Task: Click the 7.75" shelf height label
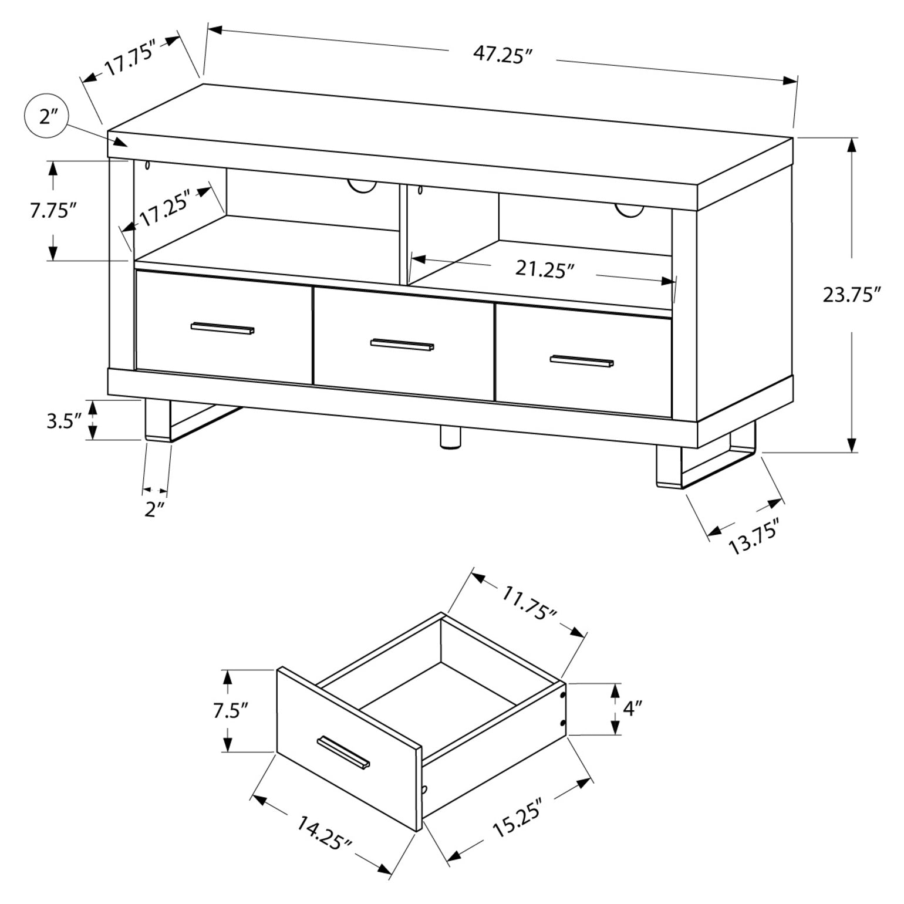pyautogui.click(x=53, y=210)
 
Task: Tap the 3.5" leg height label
pyautogui.click(x=63, y=421)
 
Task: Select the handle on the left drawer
pyautogui.click(x=222, y=329)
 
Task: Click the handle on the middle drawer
pyautogui.click(x=402, y=345)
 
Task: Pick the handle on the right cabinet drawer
pyautogui.click(x=581, y=361)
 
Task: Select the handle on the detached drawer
pyautogui.click(x=343, y=751)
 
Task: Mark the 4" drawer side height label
pyautogui.click(x=629, y=709)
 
